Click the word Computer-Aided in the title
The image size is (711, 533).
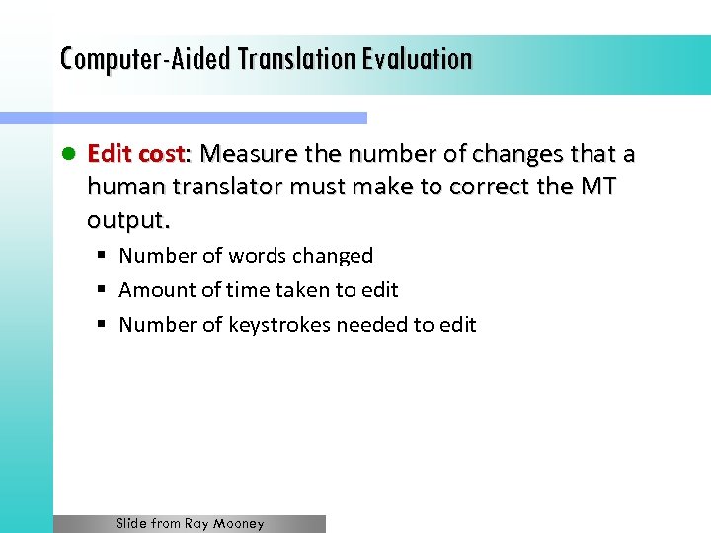126,59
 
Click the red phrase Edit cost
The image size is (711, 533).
136,155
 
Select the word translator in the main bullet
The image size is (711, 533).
218,187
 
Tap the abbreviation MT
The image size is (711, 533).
597,187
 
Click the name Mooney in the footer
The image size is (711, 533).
239,524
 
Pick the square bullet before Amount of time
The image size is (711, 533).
102,290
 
